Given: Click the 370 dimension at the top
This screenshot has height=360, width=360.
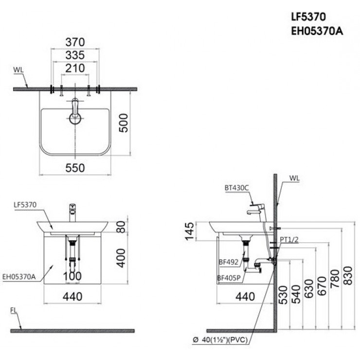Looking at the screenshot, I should pos(75,42).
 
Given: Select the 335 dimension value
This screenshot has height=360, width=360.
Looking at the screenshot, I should pos(75,55).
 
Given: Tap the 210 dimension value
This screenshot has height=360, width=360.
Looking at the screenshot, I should pos(75,68).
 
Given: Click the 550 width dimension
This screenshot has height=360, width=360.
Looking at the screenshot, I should pos(75,168).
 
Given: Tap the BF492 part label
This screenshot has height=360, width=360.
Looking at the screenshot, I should pos(229,262).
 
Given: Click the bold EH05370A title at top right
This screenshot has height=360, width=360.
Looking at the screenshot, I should pos(317,31).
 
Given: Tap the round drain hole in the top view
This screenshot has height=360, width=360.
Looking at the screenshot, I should pos(75,119).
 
